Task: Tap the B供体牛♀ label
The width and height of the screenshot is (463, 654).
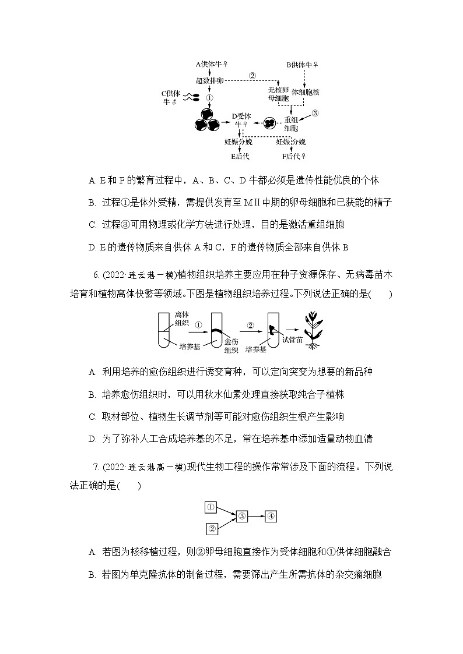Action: coord(302,65)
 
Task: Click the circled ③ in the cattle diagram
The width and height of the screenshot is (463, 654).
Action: coord(315,113)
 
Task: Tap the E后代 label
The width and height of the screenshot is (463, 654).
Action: coord(240,156)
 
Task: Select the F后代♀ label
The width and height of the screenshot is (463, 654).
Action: coord(294,156)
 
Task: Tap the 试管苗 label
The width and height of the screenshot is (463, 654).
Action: coord(292,340)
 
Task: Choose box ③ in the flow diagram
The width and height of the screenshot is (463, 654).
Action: coord(243,516)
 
